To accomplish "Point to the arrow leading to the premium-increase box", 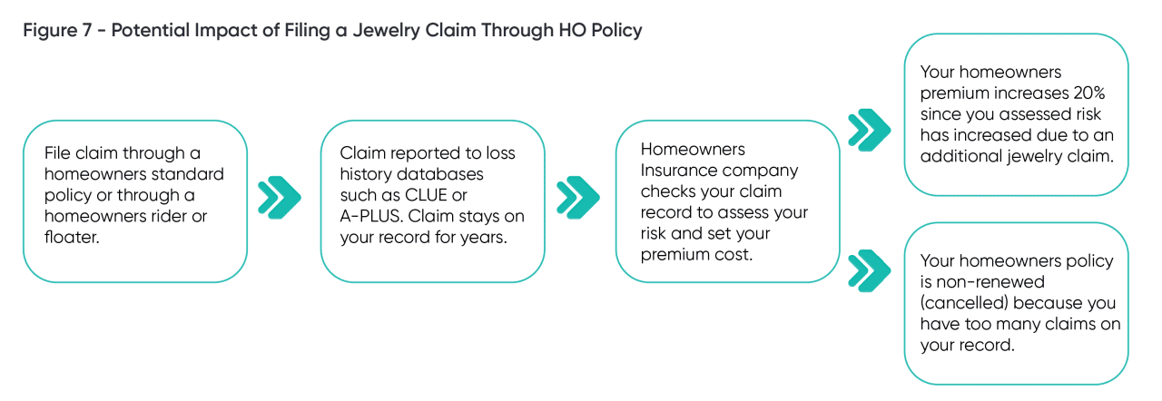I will pyautogui.click(x=869, y=129).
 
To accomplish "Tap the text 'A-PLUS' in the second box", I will pyautogui.click(x=371, y=217).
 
